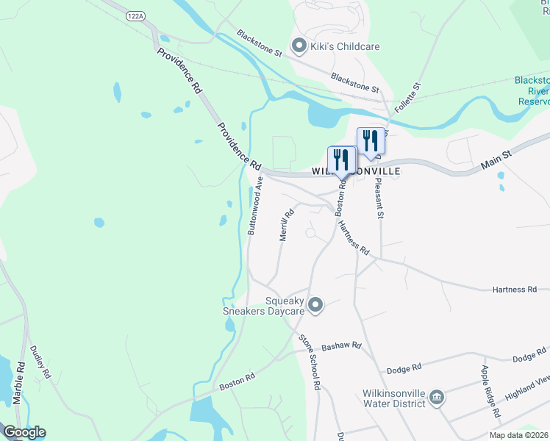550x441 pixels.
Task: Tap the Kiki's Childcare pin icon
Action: pyautogui.click(x=299, y=46)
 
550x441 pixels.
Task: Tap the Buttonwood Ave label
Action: pyautogui.click(x=255, y=205)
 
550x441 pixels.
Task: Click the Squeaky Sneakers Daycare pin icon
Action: pyautogui.click(x=315, y=304)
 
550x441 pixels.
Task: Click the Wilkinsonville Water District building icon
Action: pyautogui.click(x=437, y=398)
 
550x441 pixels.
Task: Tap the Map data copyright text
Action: pyautogui.click(x=518, y=435)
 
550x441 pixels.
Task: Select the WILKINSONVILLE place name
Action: pyautogui.click(x=357, y=171)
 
